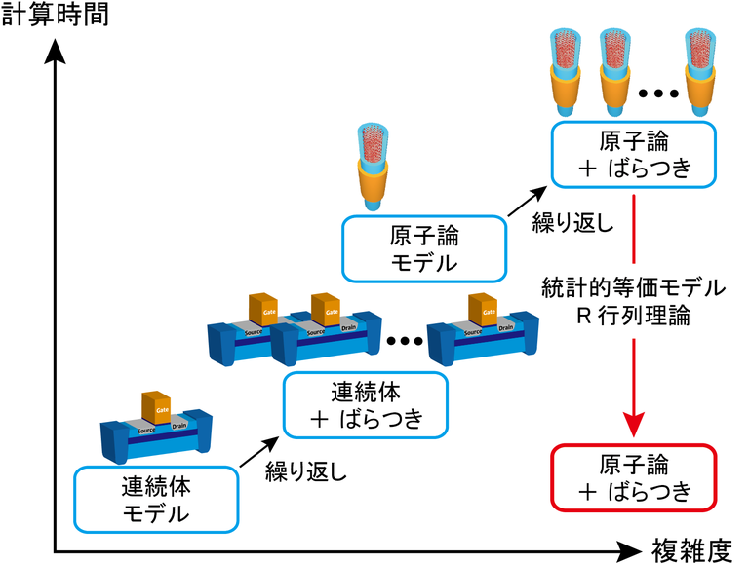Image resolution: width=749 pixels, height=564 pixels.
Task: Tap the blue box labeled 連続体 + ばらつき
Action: [x=366, y=406]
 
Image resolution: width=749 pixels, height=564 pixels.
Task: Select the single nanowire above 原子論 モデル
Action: [x=373, y=166]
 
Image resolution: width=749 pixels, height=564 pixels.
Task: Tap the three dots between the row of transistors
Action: [x=405, y=342]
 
